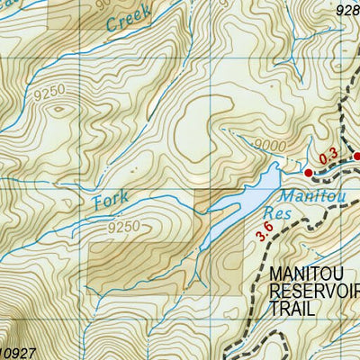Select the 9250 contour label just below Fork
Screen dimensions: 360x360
pyautogui.click(x=123, y=227)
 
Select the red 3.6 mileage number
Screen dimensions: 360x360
pyautogui.click(x=264, y=232)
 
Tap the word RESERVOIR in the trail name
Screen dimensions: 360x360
pyautogui.click(x=315, y=290)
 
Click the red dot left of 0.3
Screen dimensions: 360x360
pyautogui.click(x=308, y=172)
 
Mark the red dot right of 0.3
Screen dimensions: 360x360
pyautogui.click(x=355, y=157)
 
